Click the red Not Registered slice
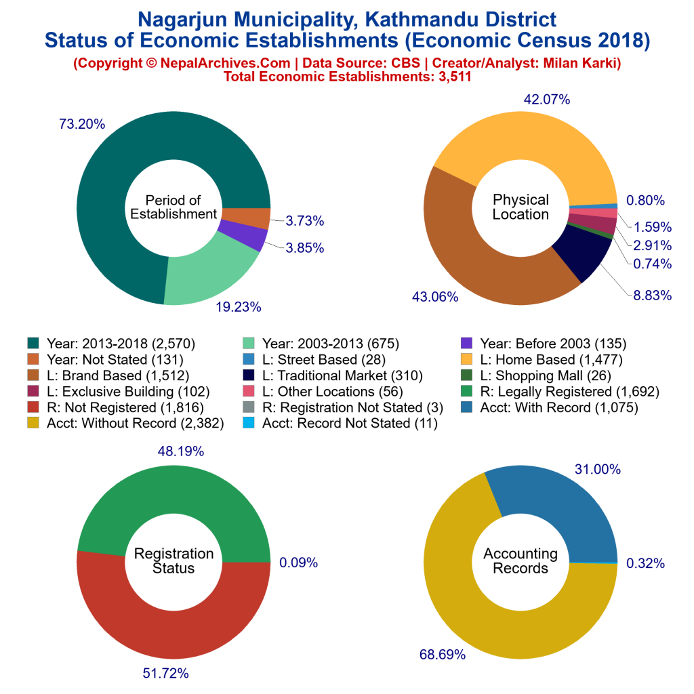point(173,624)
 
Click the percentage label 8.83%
point(648,295)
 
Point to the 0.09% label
point(298,562)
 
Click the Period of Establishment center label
point(173,207)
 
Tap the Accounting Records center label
point(520,560)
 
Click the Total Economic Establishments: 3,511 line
point(347,77)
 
